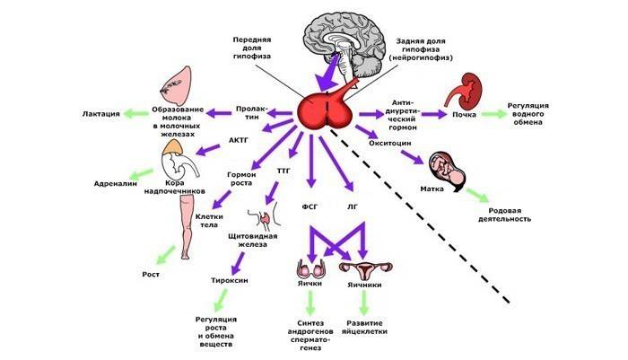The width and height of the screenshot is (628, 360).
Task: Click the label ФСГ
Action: coord(310,206)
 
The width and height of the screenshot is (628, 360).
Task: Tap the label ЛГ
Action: coord(352,206)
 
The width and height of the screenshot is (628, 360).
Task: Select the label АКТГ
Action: coord(238,141)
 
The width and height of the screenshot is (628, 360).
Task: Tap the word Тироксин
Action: coord(230,280)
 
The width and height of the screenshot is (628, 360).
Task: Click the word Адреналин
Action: coord(114,183)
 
